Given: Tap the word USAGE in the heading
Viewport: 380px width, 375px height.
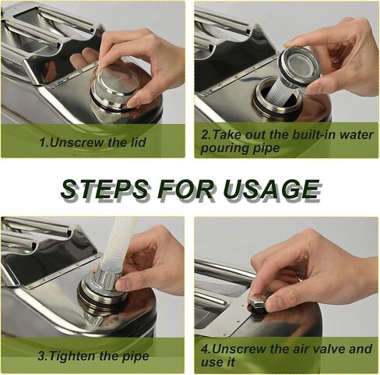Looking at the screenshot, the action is coord(271,189).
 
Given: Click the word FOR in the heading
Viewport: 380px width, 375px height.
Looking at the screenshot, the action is coord(187,189).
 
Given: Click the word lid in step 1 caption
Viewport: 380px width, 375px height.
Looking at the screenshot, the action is coord(138,143).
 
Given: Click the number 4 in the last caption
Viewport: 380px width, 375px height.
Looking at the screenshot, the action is coord(205,349).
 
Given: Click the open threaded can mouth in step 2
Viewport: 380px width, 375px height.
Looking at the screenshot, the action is coord(276,97).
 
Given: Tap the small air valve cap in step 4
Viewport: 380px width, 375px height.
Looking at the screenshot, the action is coord(258,301).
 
